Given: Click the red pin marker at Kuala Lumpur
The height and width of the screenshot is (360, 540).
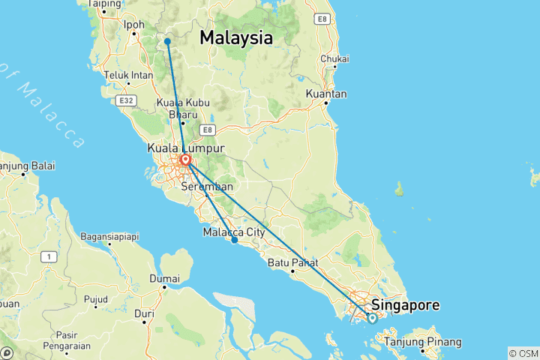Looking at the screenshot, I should [x=184, y=160].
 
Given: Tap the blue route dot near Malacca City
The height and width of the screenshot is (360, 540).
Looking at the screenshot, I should [x=235, y=240].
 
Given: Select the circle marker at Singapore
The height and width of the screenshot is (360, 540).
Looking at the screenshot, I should [x=372, y=318].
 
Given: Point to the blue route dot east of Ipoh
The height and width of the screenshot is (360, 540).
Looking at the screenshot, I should [x=167, y=41].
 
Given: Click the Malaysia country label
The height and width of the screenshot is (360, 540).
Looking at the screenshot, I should [x=235, y=38].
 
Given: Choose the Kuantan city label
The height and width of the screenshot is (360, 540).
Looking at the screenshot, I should [x=326, y=94].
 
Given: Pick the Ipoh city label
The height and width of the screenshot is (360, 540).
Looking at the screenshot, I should [x=133, y=25].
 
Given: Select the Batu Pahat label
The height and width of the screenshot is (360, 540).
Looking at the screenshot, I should [x=293, y=263].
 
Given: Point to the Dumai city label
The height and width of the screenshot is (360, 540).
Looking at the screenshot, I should [x=164, y=278].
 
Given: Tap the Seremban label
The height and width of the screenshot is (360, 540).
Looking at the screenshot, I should [x=208, y=187].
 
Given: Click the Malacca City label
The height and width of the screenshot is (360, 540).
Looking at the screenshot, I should [x=234, y=232].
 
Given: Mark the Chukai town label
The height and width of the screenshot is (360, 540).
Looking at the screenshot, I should [x=334, y=58].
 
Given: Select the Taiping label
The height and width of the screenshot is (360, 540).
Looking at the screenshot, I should [x=104, y=4].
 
